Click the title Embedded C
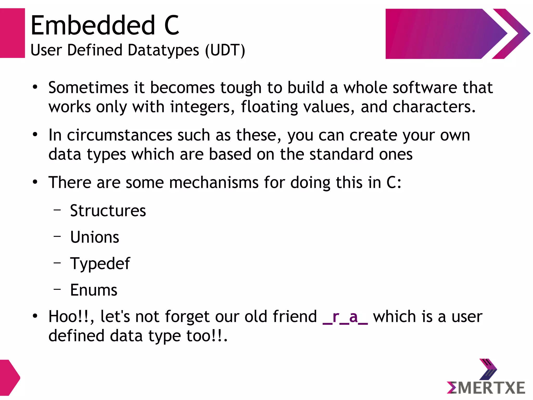105,25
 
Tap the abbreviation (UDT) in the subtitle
225,50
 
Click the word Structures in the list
108,211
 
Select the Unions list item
95,237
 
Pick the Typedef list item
100,264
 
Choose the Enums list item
94,290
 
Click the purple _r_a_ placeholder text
345,317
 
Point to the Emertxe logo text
486,388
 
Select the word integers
203,107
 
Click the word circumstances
119,135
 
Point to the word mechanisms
214,182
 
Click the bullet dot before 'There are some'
35,182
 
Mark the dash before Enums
57,289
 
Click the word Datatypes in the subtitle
163,50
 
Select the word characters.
434,107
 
